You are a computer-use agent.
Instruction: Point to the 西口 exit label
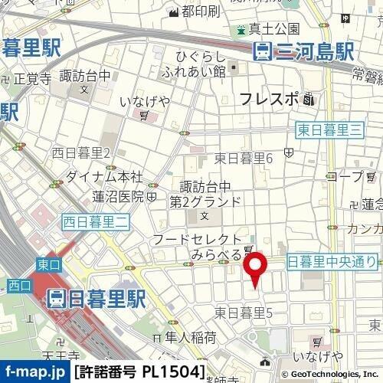(15, 286)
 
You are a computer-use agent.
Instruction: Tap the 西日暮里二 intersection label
(97, 222)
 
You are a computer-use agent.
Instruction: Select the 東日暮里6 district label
(244, 158)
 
